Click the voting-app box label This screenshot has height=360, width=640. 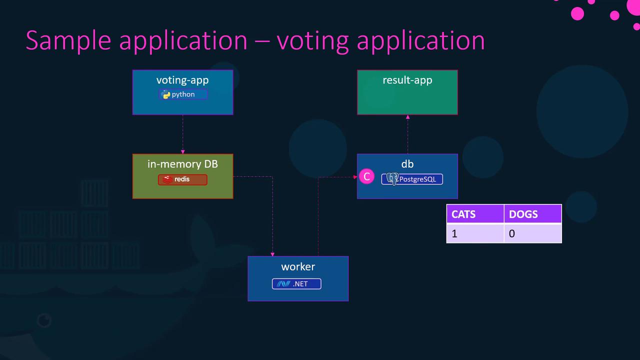click(182, 80)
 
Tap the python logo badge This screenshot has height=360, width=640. click(183, 94)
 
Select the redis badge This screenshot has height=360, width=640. click(182, 179)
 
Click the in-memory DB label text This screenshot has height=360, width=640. click(182, 164)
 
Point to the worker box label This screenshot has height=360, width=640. click(298, 266)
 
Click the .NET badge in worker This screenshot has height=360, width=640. click(296, 284)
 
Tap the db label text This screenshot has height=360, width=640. click(407, 164)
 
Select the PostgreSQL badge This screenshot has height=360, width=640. click(412, 179)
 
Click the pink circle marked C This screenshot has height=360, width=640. click(366, 176)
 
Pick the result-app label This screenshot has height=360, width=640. click(407, 80)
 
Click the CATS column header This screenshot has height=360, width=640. click(463, 214)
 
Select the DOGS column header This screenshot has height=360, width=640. click(523, 214)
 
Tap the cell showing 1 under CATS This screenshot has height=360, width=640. click(474, 233)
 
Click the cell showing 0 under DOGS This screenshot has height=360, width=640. click(532, 233)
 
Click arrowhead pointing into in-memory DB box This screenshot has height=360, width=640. click(182, 151)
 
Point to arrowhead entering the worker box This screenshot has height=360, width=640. click(272, 254)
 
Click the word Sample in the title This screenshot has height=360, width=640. click(68, 40)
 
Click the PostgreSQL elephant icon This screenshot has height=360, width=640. click(392, 179)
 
